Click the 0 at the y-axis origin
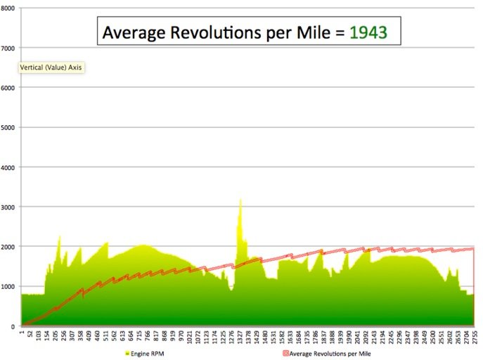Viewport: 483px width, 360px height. pyautogui.click(x=12, y=326)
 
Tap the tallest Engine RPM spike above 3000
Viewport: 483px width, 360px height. pyautogui.click(x=240, y=201)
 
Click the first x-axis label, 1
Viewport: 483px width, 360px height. pyautogui.click(x=22, y=333)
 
